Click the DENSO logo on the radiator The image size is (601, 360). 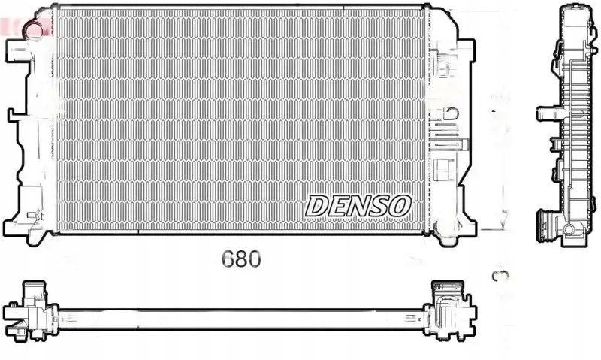click(358, 204)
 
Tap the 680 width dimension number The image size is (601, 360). click(241, 259)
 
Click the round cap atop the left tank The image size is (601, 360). click(34, 29)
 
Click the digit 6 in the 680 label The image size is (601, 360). click(228, 259)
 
